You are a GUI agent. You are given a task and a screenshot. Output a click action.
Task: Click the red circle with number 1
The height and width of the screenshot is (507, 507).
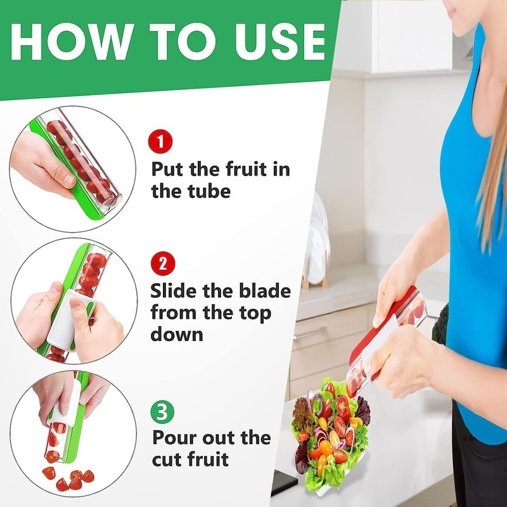(160, 141)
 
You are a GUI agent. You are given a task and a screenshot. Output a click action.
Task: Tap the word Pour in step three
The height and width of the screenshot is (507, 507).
(176, 438)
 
